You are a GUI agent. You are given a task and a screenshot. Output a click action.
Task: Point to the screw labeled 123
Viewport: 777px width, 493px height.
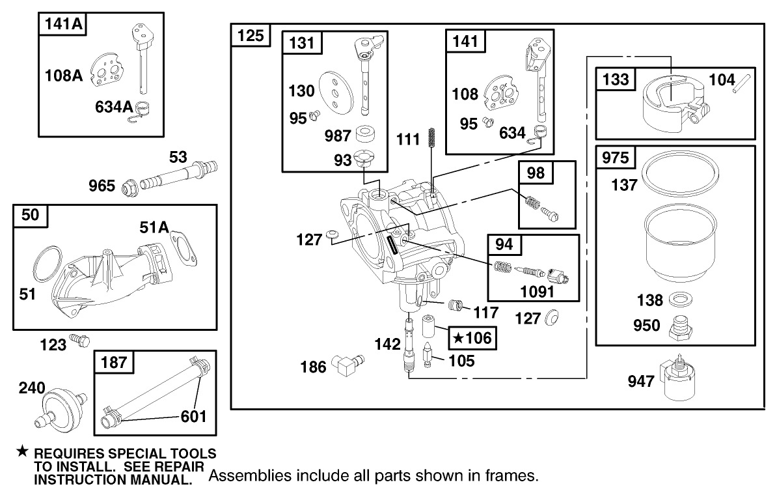click(x=80, y=340)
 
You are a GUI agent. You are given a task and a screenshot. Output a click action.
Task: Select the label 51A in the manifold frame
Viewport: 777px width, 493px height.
click(x=154, y=227)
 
